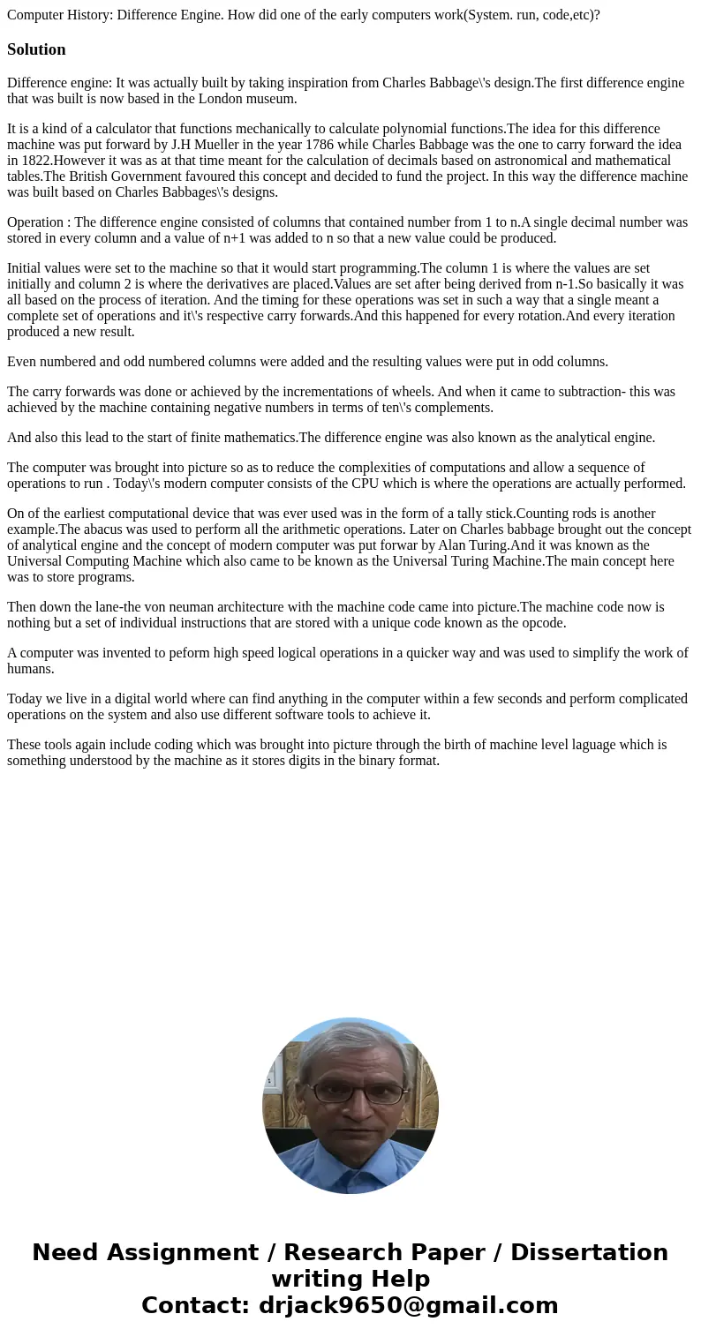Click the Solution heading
point(36,49)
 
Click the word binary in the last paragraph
point(373,761)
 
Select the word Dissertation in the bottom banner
point(589,1252)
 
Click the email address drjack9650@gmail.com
point(408,1305)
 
